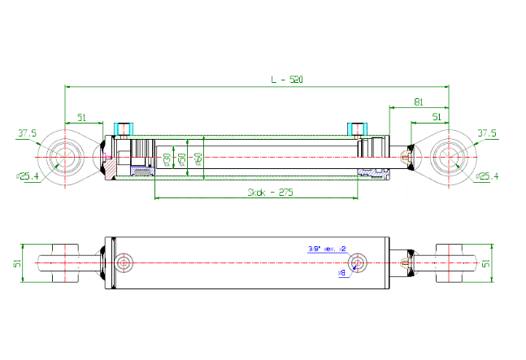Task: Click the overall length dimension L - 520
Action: pyautogui.click(x=281, y=80)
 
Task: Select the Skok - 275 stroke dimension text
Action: pyautogui.click(x=270, y=193)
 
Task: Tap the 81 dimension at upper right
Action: pyautogui.click(x=418, y=102)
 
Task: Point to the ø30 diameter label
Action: pyautogui.click(x=167, y=159)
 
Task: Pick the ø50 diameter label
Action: pyautogui.click(x=182, y=159)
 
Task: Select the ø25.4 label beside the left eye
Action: pyautogui.click(x=28, y=176)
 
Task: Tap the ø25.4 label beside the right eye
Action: pyautogui.click(x=488, y=176)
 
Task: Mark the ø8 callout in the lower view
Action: pyautogui.click(x=342, y=273)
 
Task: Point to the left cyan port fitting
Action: pyautogui.click(x=124, y=129)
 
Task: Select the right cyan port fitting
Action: pyautogui.click(x=357, y=129)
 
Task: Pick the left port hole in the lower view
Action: pyautogui.click(x=124, y=262)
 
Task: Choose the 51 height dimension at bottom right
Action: pyautogui.click(x=487, y=263)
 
